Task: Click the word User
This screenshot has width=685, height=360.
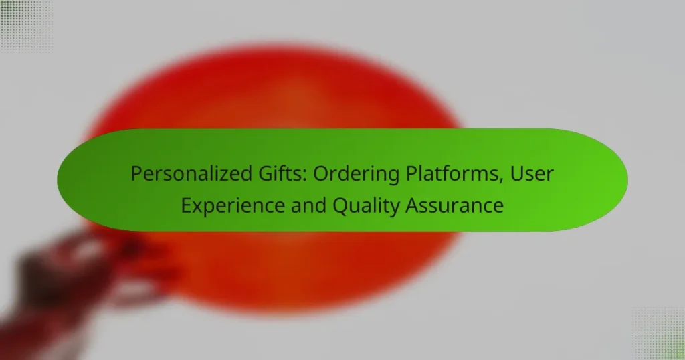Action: click(x=534, y=175)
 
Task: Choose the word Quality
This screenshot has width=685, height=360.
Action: click(x=367, y=205)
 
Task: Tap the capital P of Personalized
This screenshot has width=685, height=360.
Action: click(x=136, y=175)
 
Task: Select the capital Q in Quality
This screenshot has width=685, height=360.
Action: click(x=341, y=205)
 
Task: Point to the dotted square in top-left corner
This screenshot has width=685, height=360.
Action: click(x=25, y=25)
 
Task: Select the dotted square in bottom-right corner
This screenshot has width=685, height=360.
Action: click(x=659, y=333)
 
